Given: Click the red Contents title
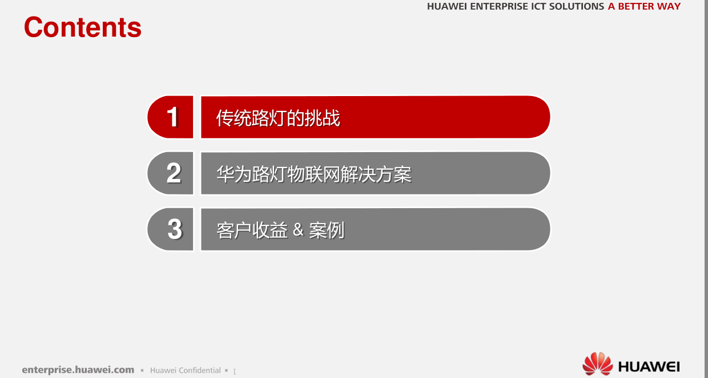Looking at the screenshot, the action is click(x=82, y=27).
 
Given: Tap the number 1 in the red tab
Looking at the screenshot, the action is click(x=173, y=117).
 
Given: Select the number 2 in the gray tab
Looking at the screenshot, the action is click(x=174, y=173).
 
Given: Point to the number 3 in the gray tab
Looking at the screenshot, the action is click(x=175, y=229).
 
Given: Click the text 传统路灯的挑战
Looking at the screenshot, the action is click(x=278, y=118).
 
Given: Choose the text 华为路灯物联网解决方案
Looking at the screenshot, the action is click(x=314, y=174).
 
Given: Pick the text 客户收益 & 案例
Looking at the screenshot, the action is click(x=280, y=230).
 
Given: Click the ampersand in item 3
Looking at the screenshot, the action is click(x=299, y=230).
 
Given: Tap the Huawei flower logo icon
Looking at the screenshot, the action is click(x=597, y=364).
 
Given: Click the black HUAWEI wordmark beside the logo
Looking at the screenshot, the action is click(x=649, y=367).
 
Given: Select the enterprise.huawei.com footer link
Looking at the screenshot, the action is click(x=78, y=370).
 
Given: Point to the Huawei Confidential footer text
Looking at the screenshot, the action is click(x=185, y=371).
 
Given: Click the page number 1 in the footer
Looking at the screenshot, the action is click(x=235, y=371).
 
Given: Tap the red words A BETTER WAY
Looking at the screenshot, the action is click(x=644, y=6).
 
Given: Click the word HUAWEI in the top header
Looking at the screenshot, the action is click(x=447, y=6).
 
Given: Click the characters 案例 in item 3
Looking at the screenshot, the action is click(x=327, y=230).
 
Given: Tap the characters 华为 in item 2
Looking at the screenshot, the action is click(x=234, y=174).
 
